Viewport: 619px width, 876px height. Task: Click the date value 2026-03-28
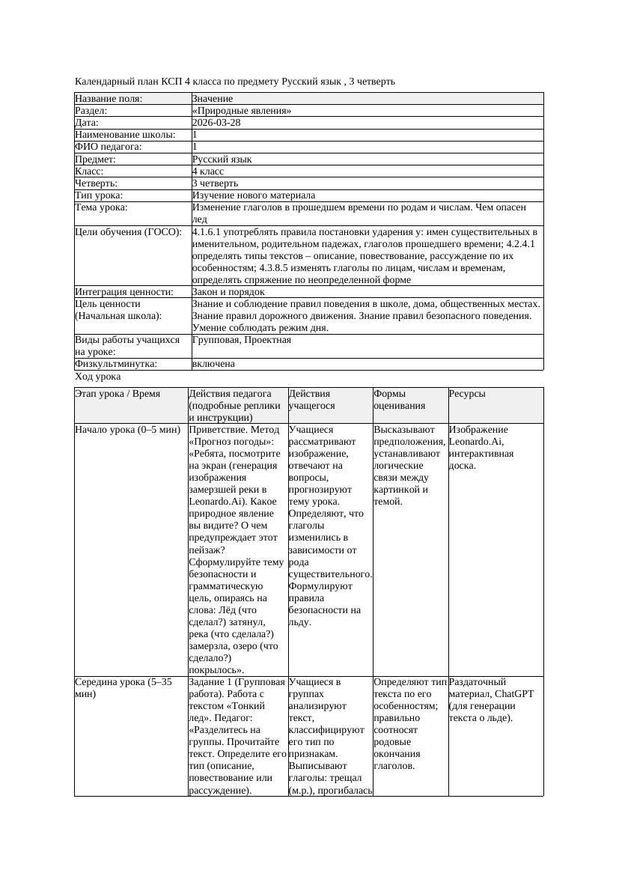point(216,123)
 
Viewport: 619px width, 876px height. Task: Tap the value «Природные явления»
point(242,111)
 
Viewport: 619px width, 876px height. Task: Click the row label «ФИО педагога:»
point(109,147)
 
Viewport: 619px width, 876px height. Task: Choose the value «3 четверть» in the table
point(215,183)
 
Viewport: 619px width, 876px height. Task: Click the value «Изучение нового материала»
point(254,195)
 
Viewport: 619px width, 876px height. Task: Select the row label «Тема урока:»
point(101,207)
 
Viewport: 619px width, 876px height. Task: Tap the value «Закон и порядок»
point(228,291)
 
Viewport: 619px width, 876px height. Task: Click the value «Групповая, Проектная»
point(242,340)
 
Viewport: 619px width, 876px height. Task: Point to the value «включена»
point(213,364)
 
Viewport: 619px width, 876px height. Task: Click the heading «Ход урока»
point(98,377)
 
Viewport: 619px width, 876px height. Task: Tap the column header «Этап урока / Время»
point(118,394)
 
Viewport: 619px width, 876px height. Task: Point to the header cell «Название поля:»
point(109,99)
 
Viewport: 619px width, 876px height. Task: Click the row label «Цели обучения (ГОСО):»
point(128,232)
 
